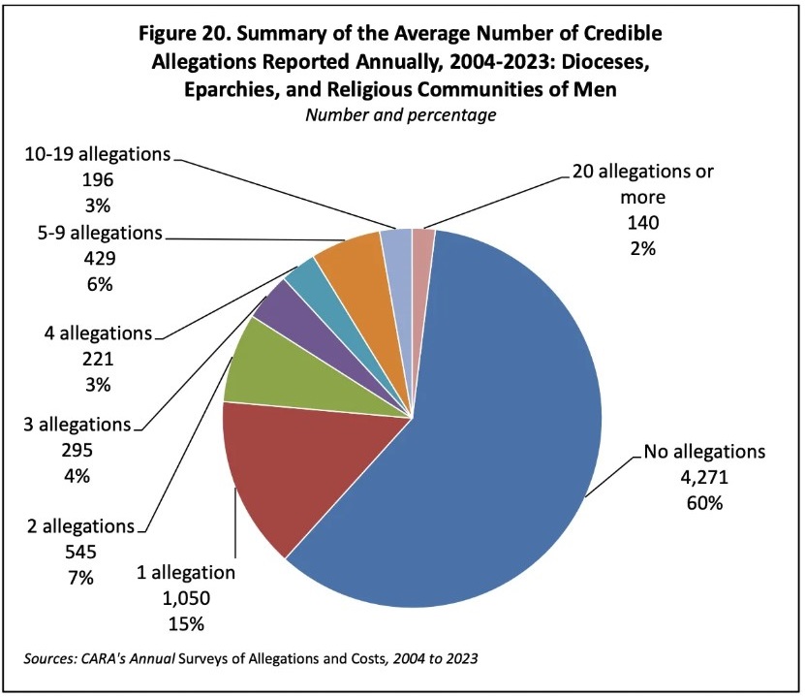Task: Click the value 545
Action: (x=80, y=553)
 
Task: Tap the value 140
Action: (x=641, y=223)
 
